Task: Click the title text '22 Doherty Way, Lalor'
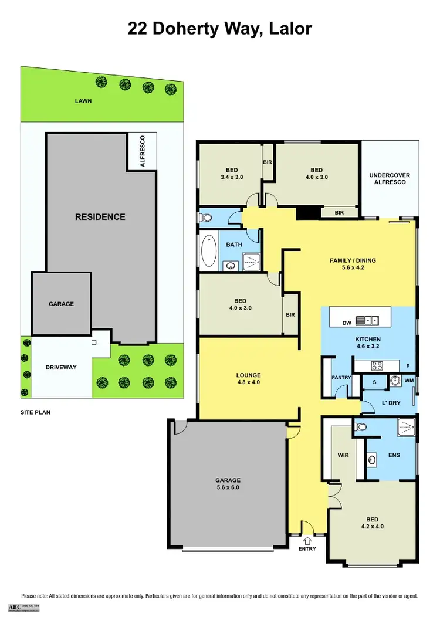tap(220, 28)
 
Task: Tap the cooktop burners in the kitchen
tap(377, 365)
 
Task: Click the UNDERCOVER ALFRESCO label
tap(390, 178)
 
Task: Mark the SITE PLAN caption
tap(36, 412)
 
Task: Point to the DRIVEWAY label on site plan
tap(61, 367)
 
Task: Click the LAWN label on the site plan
tap(83, 101)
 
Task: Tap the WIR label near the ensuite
tap(344, 455)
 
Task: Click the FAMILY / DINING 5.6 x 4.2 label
tap(352, 264)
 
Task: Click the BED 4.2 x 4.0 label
tap(371, 523)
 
